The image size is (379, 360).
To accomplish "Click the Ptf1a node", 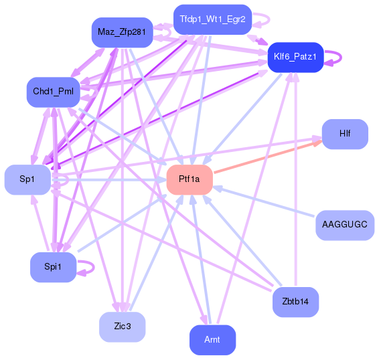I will pyautogui.click(x=189, y=179).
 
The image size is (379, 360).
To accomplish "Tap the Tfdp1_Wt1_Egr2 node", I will pyautogui.click(x=212, y=19).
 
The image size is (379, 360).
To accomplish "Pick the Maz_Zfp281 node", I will pyautogui.click(x=122, y=32).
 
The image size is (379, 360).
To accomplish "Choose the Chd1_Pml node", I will pyautogui.click(x=53, y=91).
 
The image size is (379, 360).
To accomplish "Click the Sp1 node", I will pyautogui.click(x=27, y=179).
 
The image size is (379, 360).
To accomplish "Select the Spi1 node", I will pyautogui.click(x=52, y=267).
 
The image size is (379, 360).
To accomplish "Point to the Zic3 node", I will pyautogui.click(x=122, y=327).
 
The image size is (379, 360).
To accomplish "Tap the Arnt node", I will pyautogui.click(x=212, y=340).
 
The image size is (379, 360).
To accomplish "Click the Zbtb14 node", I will pyautogui.click(x=295, y=302).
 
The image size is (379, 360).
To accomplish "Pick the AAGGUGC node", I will pyautogui.click(x=344, y=224).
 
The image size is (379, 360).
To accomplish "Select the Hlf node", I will pyautogui.click(x=344, y=133).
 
